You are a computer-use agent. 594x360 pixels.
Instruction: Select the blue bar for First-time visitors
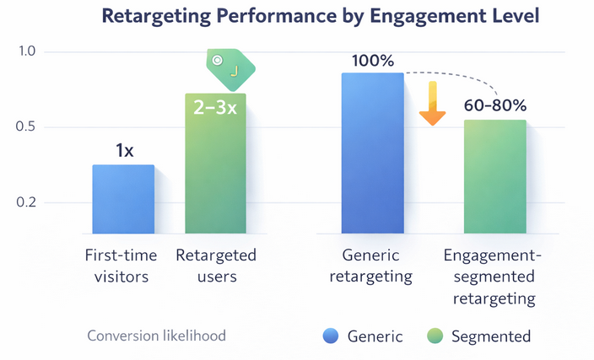coord(123,199)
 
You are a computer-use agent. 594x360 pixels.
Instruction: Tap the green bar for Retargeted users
coord(216,164)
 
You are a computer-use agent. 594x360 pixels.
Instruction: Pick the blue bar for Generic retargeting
coord(372,153)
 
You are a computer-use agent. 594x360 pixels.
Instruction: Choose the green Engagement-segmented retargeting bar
coord(494,177)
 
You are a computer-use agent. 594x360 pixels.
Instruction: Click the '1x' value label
coord(124,151)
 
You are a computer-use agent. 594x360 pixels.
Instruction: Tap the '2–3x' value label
coord(215,108)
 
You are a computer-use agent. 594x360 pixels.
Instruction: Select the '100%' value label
coord(372,61)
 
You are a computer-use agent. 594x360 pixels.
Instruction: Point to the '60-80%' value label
coord(495,106)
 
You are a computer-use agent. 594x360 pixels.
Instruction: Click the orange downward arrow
coord(433,104)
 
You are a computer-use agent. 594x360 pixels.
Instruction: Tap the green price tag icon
coord(229,66)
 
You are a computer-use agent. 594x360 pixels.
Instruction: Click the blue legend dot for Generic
coord(331,336)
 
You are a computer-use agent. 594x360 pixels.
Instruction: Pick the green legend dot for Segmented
coord(435,336)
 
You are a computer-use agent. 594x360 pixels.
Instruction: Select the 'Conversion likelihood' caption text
coord(156,336)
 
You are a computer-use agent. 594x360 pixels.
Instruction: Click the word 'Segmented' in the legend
coord(490,336)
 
